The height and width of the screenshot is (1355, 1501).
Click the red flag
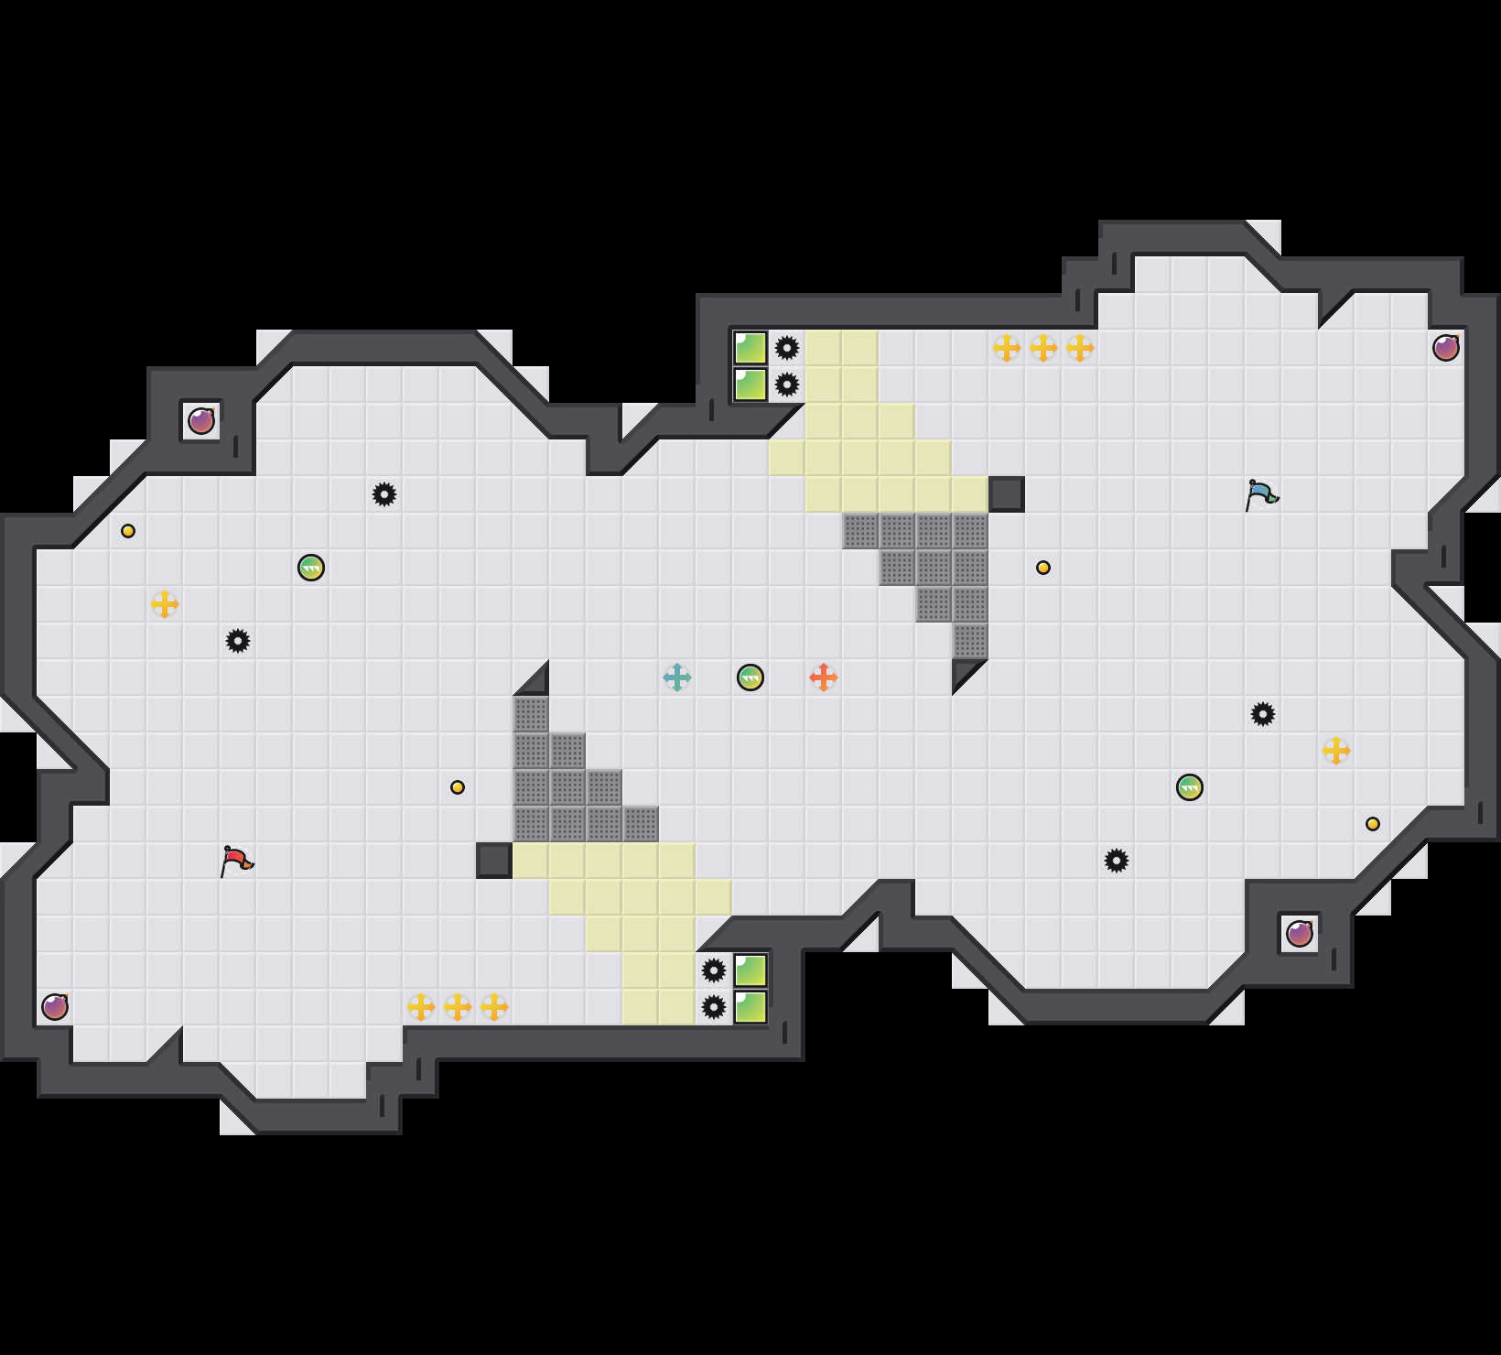pos(236,861)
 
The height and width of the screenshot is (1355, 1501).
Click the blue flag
pos(1261,494)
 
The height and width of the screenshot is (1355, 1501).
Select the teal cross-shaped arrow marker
pos(677,677)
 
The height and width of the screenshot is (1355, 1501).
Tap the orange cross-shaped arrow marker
pos(824,677)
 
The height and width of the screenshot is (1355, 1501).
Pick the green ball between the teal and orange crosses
pos(750,677)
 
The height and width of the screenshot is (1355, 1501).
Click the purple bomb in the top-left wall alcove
pos(201,421)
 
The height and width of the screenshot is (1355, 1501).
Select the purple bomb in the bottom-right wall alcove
pos(1300,934)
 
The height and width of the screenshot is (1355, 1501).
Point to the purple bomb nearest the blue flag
pos(1446,348)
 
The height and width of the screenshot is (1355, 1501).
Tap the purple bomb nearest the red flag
pos(55,1007)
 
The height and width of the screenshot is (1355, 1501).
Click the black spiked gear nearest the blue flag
pos(1263,714)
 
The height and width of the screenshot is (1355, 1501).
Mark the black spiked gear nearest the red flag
pos(238,641)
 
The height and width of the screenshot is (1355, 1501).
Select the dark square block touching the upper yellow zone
pos(1007,494)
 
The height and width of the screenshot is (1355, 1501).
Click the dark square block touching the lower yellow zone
pos(494,861)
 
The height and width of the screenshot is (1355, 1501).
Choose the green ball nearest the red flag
pos(311,568)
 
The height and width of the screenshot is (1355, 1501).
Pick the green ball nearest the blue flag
pos(1190,787)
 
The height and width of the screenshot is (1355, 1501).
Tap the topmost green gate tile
pos(750,348)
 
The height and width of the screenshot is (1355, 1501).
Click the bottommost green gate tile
pos(750,1007)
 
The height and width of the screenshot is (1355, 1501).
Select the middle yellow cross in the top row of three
pos(1043,348)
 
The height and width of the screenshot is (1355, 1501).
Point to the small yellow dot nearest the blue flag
pos(1043,568)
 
